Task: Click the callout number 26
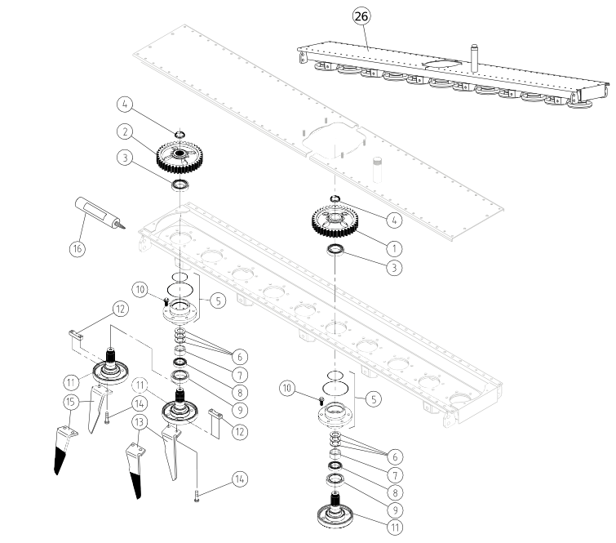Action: [x=361, y=16]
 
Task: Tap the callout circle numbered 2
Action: [x=125, y=131]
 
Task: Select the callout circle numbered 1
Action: [x=394, y=248]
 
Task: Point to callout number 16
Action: [x=78, y=248]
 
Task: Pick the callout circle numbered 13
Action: [x=139, y=422]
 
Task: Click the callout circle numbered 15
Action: [x=71, y=402]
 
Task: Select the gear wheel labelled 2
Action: [x=180, y=157]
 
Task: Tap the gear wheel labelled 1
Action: [x=335, y=222]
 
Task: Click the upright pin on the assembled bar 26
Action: [x=474, y=58]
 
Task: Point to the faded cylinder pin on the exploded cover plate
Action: [x=378, y=170]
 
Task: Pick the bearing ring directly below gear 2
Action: [x=181, y=185]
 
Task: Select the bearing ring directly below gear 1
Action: [x=336, y=249]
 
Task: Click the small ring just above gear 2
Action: [x=179, y=135]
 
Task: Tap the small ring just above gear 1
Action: [x=335, y=198]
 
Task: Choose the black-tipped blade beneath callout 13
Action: [x=135, y=471]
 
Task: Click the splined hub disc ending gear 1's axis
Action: [x=335, y=510]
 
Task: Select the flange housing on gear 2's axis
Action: [x=180, y=311]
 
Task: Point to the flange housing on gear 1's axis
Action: [x=335, y=416]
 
